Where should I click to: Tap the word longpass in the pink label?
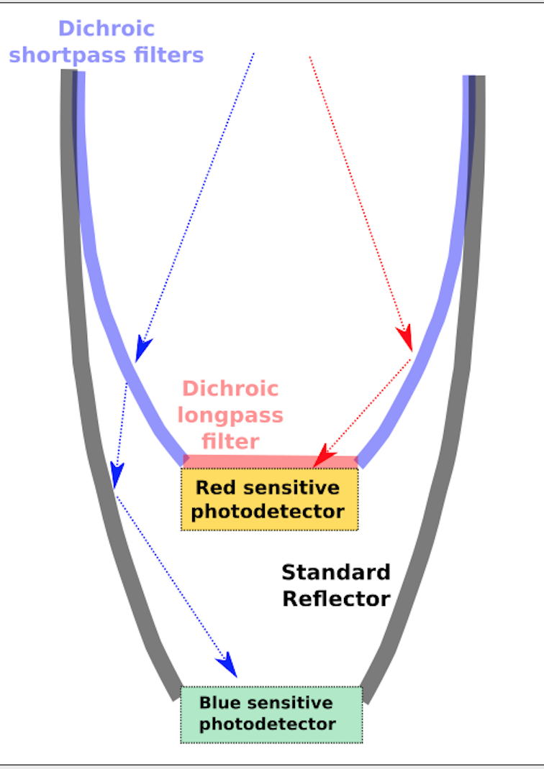pyautogui.click(x=230, y=415)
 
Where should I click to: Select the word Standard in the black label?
pyautogui.click(x=335, y=572)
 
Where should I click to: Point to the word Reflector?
pyautogui.click(x=335, y=598)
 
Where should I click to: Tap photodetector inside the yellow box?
pyautogui.click(x=268, y=512)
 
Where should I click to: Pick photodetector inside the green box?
pyautogui.click(x=268, y=724)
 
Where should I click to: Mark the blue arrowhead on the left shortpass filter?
pyautogui.click(x=143, y=349)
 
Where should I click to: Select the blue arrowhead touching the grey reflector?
pyautogui.click(x=117, y=475)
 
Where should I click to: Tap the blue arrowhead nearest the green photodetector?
pyautogui.click(x=228, y=666)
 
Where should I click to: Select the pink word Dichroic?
pyautogui.click(x=230, y=389)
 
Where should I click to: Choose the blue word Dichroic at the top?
pyautogui.click(x=106, y=28)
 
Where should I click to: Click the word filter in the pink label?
pyautogui.click(x=230, y=440)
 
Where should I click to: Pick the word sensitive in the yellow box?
pyautogui.click(x=291, y=487)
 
